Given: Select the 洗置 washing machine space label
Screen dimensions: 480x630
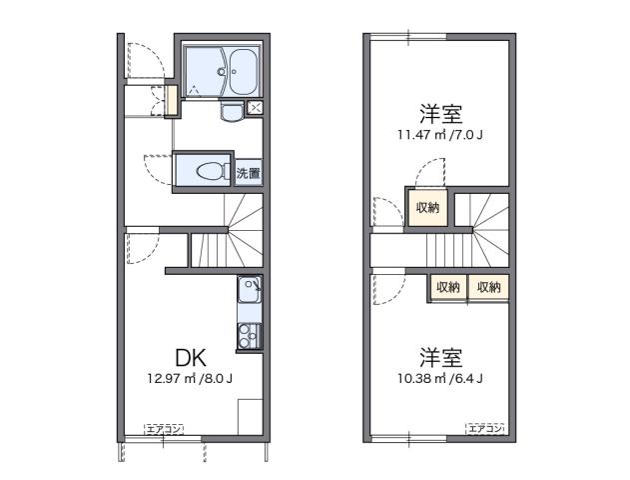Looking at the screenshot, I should (249, 173).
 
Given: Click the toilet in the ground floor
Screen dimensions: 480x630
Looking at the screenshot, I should (208, 171).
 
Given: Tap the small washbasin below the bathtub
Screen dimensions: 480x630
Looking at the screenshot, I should (232, 111).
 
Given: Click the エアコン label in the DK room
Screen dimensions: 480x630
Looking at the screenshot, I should (162, 429).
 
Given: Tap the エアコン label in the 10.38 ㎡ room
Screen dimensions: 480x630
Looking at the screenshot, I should (485, 428).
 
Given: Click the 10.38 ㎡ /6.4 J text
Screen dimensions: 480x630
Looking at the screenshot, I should (439, 378).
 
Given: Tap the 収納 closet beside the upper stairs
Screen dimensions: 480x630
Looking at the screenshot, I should (426, 207).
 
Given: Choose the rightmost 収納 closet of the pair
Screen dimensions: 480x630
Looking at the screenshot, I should (488, 287).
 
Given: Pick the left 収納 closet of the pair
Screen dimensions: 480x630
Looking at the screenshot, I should (447, 287).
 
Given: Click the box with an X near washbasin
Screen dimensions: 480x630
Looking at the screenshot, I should (256, 108).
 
